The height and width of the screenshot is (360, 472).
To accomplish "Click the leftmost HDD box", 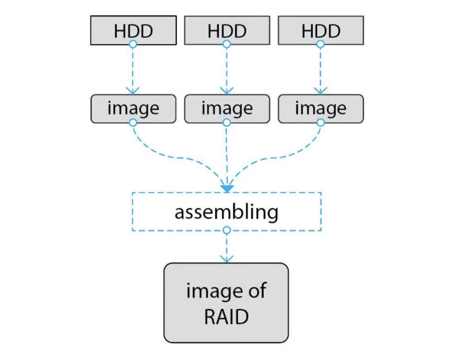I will [x=133, y=30].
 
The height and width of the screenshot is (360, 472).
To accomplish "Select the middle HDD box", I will [x=227, y=30].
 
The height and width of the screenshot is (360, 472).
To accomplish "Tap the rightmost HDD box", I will [x=320, y=30].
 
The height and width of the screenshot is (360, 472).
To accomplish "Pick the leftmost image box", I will [x=133, y=109].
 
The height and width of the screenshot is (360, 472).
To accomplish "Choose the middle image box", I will [x=227, y=109].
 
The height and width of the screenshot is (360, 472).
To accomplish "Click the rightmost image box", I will [x=320, y=109].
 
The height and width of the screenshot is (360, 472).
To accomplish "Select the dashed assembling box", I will [x=227, y=212].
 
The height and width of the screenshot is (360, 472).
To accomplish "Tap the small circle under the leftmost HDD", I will [x=133, y=44].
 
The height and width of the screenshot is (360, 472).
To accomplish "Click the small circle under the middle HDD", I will [x=227, y=44].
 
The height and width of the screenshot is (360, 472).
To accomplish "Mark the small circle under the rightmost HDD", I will [x=320, y=44].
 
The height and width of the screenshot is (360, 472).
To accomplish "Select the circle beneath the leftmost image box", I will [x=133, y=123].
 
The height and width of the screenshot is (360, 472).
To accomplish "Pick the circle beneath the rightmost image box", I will [x=320, y=123].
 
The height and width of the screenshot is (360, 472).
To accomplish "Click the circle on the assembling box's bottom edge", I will [x=227, y=230].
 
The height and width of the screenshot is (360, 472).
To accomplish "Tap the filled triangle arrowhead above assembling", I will [x=227, y=189].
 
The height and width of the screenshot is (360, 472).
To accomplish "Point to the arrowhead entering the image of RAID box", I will [x=227, y=260].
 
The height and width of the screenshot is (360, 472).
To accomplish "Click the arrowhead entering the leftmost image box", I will [x=133, y=91].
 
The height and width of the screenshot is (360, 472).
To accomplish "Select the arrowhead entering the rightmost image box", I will [x=320, y=91].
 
